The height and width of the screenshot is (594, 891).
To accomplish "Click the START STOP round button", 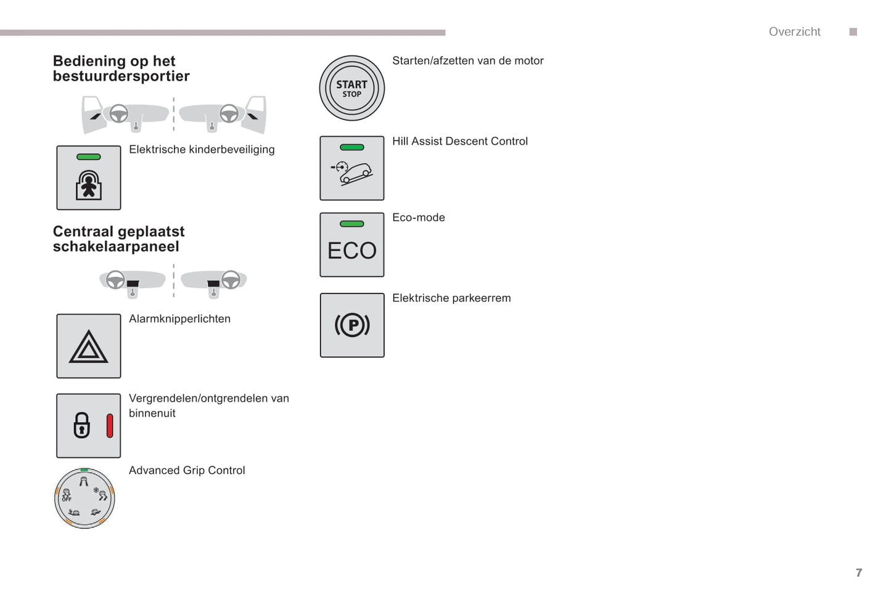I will [x=351, y=88].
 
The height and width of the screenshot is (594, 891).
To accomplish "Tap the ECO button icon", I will [x=351, y=245].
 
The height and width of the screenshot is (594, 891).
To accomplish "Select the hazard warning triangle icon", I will [x=88, y=346].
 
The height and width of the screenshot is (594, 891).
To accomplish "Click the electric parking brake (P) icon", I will [x=351, y=325].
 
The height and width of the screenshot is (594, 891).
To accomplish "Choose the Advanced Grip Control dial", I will [x=84, y=498].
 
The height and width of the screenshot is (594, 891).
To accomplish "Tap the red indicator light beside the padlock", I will [x=110, y=426].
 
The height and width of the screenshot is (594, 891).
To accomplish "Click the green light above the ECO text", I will [x=351, y=224].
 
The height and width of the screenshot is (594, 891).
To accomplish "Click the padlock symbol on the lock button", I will [x=81, y=426].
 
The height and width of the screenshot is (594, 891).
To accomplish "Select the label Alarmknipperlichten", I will [x=179, y=319].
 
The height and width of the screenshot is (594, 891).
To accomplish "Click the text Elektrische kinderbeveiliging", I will [x=202, y=149].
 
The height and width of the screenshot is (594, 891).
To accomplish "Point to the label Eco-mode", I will [x=418, y=218].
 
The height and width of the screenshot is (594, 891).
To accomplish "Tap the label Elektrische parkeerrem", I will [x=451, y=298].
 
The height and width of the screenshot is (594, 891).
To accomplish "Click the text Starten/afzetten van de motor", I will [x=467, y=60].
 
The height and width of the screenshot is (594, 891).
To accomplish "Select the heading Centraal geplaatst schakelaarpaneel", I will [x=118, y=239].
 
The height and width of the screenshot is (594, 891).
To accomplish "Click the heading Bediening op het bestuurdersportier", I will [x=121, y=68].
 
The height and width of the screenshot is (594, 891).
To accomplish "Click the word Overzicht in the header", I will [x=794, y=32].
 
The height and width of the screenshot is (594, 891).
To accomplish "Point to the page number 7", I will [x=858, y=572].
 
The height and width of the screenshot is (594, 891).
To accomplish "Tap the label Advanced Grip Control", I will [x=187, y=470].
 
